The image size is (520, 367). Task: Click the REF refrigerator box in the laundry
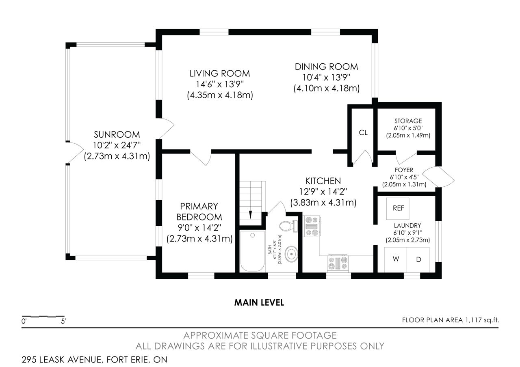(398, 209)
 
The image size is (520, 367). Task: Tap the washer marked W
(395, 259)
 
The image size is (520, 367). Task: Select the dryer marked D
(418, 259)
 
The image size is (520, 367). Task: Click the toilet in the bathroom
(288, 226)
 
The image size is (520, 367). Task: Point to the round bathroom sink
(291, 255)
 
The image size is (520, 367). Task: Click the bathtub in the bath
(252, 251)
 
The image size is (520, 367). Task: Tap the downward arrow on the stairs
(251, 215)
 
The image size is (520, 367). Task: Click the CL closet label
(363, 132)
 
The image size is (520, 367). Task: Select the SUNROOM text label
(117, 134)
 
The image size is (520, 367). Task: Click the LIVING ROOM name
(220, 73)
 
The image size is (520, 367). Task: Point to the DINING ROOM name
(326, 67)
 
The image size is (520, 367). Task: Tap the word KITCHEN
(323, 181)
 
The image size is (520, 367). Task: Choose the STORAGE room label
(408, 121)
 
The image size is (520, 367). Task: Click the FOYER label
(404, 170)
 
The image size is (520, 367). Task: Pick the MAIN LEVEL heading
(259, 302)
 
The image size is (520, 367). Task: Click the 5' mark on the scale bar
(63, 321)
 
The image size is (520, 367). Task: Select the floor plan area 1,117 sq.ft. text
(451, 320)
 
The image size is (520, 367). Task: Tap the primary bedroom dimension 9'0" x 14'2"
(199, 228)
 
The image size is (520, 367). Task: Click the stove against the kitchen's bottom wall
(338, 263)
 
